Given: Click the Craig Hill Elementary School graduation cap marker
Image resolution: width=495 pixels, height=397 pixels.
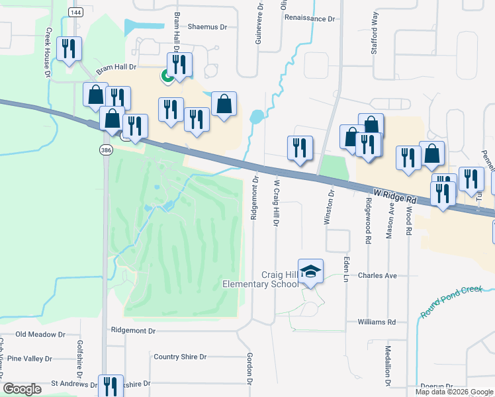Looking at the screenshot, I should click(x=310, y=271).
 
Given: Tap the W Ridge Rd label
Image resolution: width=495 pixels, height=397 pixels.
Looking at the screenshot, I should click(x=394, y=197).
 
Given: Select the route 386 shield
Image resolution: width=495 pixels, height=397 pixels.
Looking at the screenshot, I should click(x=106, y=151).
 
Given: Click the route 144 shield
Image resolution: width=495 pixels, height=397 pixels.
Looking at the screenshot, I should click(x=75, y=13).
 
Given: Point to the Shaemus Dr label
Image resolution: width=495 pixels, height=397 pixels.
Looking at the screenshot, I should click(x=207, y=28).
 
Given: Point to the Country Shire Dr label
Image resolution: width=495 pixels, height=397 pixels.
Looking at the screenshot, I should click(x=180, y=357).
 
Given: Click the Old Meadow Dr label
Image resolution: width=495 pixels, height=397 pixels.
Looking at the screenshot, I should click(x=41, y=335).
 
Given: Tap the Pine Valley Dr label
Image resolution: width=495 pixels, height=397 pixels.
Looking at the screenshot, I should click(x=29, y=359).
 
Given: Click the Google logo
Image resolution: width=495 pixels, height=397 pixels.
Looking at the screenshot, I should click(x=22, y=389).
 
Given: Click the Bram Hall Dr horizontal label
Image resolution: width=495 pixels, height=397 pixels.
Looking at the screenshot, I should click(x=116, y=67).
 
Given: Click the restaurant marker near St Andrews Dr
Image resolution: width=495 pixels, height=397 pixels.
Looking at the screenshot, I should click(x=111, y=386).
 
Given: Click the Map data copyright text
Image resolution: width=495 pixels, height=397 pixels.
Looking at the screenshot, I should click(x=454, y=392).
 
